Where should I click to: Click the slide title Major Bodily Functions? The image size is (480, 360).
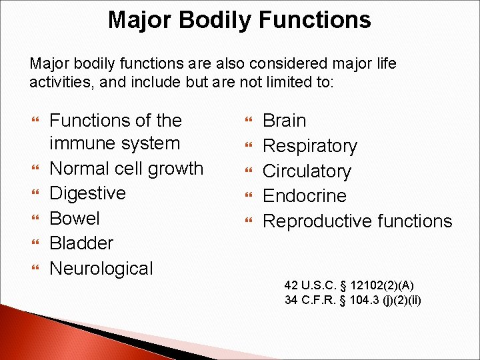point(239,20)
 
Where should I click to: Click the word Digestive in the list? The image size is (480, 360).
point(87,193)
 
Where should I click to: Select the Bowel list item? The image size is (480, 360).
point(75,219)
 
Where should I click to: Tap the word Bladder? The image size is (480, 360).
point(81,243)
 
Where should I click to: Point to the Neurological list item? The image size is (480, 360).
point(101,269)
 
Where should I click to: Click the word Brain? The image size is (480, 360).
point(285,121)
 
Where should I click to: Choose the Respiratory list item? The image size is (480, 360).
point(310,146)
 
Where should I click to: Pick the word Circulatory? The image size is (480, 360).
point(307,171)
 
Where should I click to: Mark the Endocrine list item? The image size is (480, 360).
point(305,196)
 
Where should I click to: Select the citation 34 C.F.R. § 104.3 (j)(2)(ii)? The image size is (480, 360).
point(353,300)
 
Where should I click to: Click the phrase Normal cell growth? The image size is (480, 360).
point(127,168)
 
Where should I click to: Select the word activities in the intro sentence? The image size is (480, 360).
point(59,83)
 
